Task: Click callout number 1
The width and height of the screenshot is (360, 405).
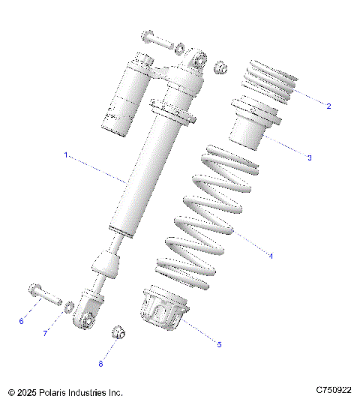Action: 66,154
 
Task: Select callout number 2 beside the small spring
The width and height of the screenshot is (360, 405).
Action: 328,106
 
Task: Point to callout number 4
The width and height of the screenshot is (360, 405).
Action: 270,256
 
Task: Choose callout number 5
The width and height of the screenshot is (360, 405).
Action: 219,344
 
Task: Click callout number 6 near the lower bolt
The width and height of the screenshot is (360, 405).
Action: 22,321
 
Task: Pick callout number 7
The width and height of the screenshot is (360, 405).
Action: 45,333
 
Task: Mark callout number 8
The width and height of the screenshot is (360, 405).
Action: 101,363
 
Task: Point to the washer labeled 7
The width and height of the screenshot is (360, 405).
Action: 69,306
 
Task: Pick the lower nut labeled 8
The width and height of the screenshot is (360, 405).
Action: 118,332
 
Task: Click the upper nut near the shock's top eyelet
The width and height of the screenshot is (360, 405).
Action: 221,68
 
